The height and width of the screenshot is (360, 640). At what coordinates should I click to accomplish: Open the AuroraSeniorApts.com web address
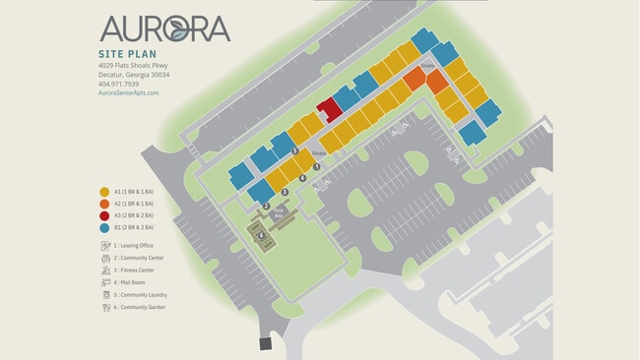[x=128, y=93]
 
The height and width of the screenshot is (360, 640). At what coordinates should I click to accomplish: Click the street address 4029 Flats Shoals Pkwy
[x=133, y=65]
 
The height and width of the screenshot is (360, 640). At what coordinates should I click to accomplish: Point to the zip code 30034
[x=160, y=75]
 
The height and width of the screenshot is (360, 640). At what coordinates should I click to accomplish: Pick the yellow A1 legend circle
[x=104, y=193]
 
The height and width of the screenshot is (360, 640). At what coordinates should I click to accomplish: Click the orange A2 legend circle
[x=104, y=205]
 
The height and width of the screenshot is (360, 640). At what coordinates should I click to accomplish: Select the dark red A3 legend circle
[x=104, y=216]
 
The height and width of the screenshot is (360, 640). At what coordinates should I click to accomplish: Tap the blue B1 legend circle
[x=104, y=228]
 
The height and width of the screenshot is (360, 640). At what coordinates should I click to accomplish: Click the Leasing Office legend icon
[x=104, y=245]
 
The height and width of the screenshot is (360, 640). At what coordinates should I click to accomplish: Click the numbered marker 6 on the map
[x=261, y=235]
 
